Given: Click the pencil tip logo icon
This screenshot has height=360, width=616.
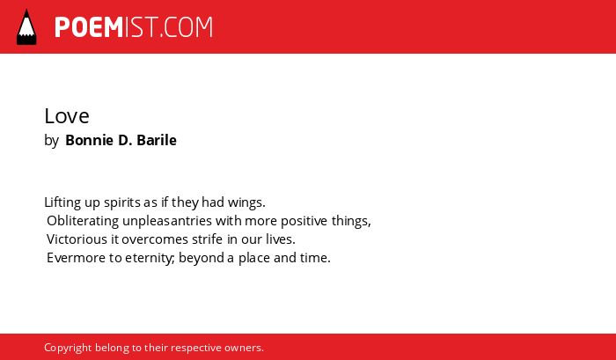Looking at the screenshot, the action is tap(26, 26).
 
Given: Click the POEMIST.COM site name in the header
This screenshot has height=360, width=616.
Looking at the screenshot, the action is tap(134, 27).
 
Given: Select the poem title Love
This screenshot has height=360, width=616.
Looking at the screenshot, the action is tap(67, 116).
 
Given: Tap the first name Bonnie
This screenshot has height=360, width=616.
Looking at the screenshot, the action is tap(90, 140).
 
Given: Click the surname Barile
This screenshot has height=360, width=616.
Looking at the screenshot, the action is tap(157, 140).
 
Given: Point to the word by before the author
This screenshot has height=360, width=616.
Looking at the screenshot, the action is tap(51, 141).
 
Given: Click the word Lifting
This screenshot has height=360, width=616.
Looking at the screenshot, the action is tap(62, 202).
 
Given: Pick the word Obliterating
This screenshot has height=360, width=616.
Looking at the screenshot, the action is tap(83, 221).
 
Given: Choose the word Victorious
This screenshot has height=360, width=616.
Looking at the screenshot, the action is tap(77, 239).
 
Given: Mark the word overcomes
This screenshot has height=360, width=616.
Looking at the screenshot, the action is tap(155, 239).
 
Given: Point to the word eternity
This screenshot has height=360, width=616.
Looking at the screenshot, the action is tap(150, 259).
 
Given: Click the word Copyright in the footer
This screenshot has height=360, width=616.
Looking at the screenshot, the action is tap(68, 349).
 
